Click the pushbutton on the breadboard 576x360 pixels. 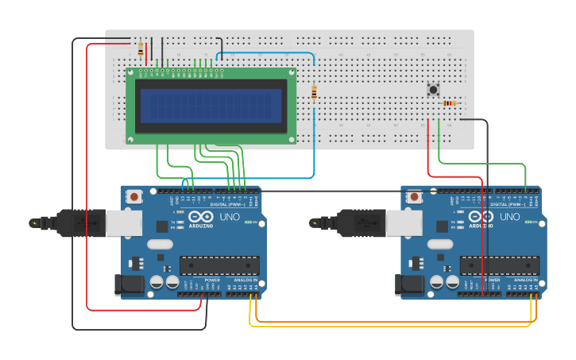point(434,90)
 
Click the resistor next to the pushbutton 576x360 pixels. point(450,103)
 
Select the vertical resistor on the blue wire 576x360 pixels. point(314,94)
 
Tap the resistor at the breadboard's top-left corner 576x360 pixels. point(141,49)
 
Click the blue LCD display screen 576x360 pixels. point(211,106)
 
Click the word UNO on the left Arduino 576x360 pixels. point(230,216)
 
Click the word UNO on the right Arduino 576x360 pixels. point(509,216)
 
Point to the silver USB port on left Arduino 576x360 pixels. point(124,223)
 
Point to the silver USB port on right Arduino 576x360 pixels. point(404,223)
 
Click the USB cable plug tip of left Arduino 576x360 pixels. point(35,223)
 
